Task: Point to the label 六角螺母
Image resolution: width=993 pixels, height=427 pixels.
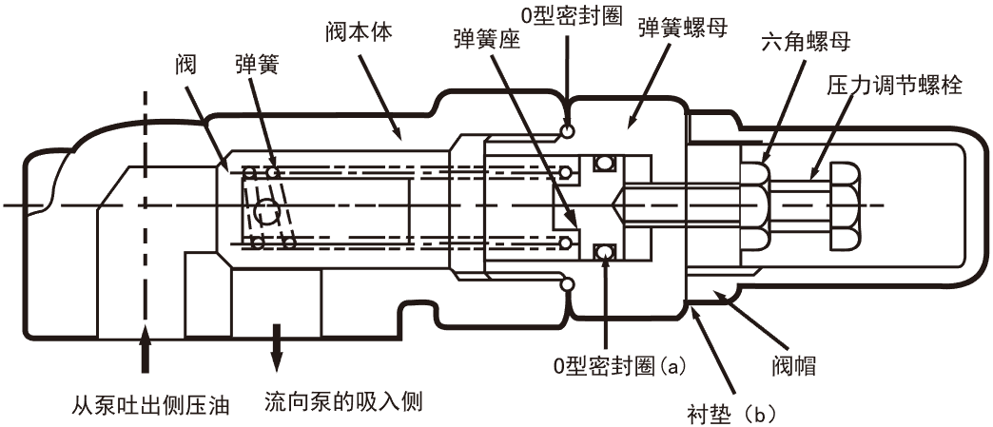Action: tap(807, 44)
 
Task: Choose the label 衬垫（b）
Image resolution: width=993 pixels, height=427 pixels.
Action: tap(732, 414)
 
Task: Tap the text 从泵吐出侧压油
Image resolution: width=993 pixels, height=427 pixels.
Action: tap(151, 405)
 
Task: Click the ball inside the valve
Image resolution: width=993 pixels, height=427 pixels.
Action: tap(265, 210)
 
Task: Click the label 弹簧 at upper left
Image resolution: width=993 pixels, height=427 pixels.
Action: tap(257, 64)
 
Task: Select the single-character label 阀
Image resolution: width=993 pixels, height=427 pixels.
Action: tap(187, 64)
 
